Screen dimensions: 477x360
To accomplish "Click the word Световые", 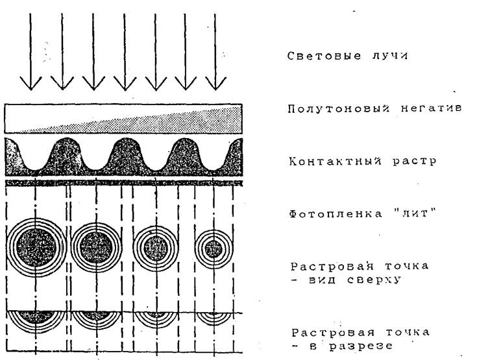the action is [x=324, y=56].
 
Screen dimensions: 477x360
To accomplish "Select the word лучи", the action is [x=389, y=56].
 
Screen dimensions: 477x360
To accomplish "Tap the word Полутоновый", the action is [x=338, y=108].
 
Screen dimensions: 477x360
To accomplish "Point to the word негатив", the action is [x=432, y=108].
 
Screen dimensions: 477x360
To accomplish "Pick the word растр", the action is [x=414, y=161].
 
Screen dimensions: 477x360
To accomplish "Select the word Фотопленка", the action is [x=336, y=214].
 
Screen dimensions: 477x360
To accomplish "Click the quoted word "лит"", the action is [x=413, y=213].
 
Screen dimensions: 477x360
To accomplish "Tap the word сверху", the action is [x=373, y=280].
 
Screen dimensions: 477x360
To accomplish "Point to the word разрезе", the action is [x=361, y=346].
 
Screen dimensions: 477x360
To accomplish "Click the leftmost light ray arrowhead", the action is [x=31, y=84].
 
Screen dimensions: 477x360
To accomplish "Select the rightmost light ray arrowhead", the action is [x=215, y=84].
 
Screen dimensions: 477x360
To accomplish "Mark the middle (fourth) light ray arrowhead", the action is [x=125, y=84].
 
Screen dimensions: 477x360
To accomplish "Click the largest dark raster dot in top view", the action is [x=36, y=247].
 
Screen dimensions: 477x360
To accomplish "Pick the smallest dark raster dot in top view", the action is [x=214, y=248].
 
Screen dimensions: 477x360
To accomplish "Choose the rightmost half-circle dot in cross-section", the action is [x=214, y=318].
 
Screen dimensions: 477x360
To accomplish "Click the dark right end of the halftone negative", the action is [x=231, y=119].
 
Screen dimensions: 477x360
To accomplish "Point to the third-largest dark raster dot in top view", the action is [x=156, y=248].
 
